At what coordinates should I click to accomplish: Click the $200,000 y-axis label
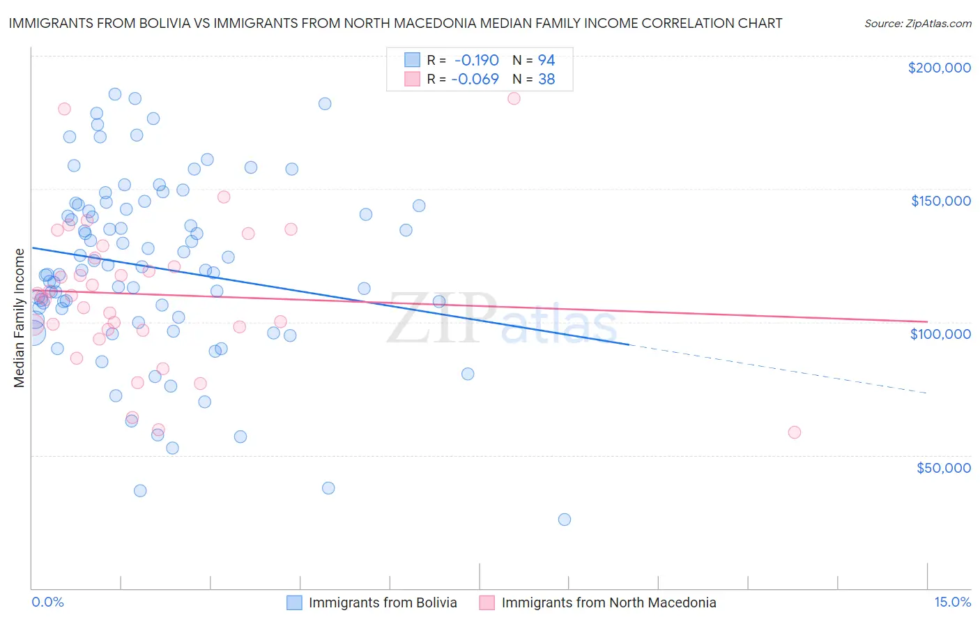point(939,68)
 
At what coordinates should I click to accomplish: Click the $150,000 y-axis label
point(940,201)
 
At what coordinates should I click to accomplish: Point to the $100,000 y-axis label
point(940,334)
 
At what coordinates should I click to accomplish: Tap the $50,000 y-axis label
point(943,467)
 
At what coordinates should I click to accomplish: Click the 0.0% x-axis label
point(47,602)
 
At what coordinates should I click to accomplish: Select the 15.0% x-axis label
point(952,602)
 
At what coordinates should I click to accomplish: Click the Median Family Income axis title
point(20,317)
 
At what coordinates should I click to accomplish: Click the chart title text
point(395,23)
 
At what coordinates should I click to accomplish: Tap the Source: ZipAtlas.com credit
point(917,23)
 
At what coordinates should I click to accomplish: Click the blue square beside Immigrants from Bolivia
point(295,602)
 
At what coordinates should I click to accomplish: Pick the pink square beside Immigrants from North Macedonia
point(487,602)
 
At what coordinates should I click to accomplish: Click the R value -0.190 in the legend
point(476,60)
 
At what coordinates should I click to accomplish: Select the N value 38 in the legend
point(546,79)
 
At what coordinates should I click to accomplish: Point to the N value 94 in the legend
point(546,60)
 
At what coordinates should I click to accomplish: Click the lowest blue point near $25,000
point(565,519)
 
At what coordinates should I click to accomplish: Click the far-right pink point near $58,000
point(794,432)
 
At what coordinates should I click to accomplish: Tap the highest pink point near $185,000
point(514,98)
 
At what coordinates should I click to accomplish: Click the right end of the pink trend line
point(926,321)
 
